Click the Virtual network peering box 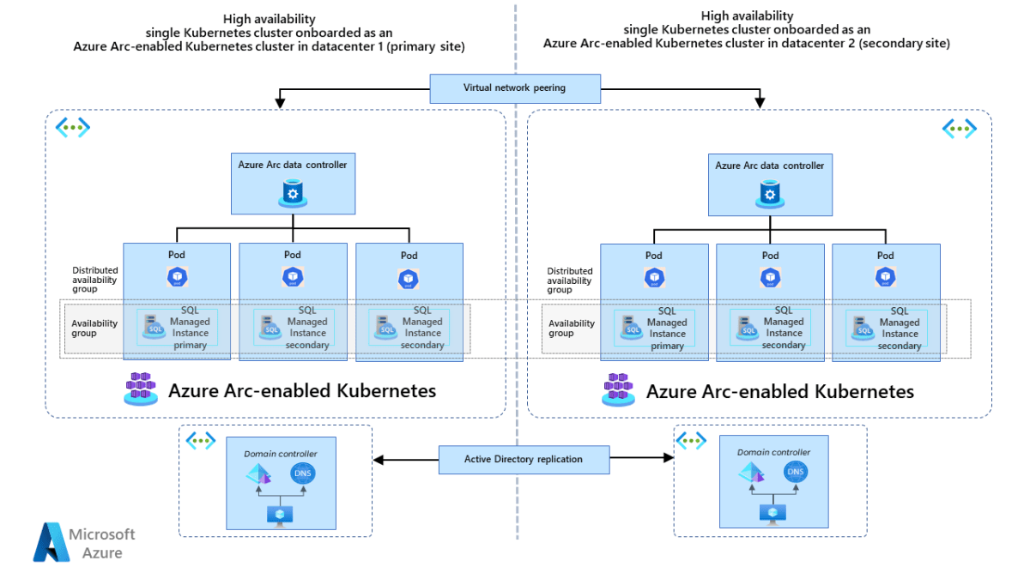pyautogui.click(x=514, y=87)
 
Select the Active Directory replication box pyautogui.click(x=523, y=459)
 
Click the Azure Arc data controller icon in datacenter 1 pyautogui.click(x=293, y=195)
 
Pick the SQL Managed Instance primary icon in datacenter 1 pyautogui.click(x=154, y=327)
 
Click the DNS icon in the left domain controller pyautogui.click(x=302, y=473)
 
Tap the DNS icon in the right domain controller pyautogui.click(x=796, y=472)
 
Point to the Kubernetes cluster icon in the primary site pyautogui.click(x=141, y=389)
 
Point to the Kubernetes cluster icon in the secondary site pyautogui.click(x=618, y=389)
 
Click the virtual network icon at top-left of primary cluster pyautogui.click(x=73, y=128)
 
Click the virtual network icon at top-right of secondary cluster pyautogui.click(x=959, y=129)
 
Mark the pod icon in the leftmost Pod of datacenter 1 pyautogui.click(x=177, y=277)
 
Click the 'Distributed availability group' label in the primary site pyautogui.click(x=95, y=280)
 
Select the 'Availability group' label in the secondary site pyautogui.click(x=572, y=328)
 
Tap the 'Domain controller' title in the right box pyautogui.click(x=773, y=452)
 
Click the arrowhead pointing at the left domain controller pyautogui.click(x=379, y=460)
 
